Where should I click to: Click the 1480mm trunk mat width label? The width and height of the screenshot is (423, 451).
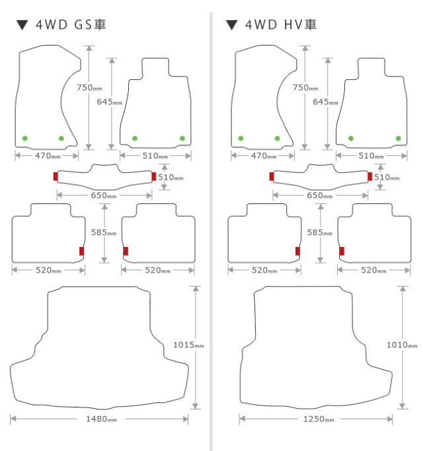101,419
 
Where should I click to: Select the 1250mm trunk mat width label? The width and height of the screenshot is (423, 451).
319,419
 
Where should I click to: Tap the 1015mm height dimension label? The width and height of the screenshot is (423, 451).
188,345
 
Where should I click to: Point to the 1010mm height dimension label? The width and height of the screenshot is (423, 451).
402,345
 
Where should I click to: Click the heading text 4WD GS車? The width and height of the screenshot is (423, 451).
71,24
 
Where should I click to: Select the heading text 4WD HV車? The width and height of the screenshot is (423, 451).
281,24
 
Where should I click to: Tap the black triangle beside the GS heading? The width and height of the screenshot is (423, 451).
22,25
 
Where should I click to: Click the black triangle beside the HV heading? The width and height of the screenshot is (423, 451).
232,25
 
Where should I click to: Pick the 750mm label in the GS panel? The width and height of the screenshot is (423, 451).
89,87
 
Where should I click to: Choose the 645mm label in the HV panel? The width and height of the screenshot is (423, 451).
325,102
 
